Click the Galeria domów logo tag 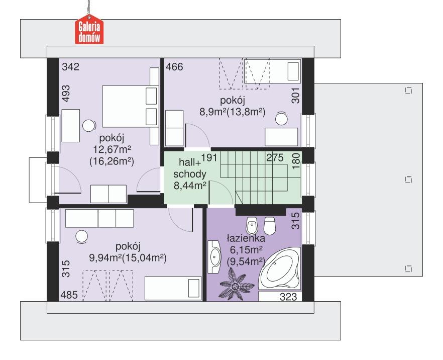click(x=89, y=31)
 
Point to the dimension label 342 click(x=70, y=66)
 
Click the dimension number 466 click(x=175, y=66)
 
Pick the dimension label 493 click(x=67, y=94)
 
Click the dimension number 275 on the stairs click(x=276, y=156)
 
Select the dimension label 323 click(x=288, y=297)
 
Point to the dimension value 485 click(x=69, y=295)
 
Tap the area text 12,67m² click(x=112, y=149)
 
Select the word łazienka click(x=246, y=237)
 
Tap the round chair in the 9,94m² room click(x=81, y=235)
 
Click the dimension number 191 click(x=210, y=157)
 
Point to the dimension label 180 click(x=296, y=160)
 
